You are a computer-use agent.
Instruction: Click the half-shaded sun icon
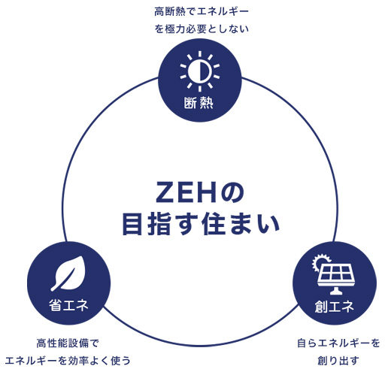(x=200, y=71)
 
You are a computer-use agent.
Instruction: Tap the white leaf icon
(x=67, y=273)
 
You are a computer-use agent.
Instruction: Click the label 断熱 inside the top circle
(x=199, y=103)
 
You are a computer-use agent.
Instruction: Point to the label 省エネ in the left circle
(x=68, y=305)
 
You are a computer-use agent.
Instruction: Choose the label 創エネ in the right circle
(x=335, y=306)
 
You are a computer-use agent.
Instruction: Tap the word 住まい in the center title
(x=241, y=224)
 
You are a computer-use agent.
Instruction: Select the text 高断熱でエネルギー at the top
(x=202, y=11)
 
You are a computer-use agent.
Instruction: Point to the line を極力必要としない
(x=202, y=29)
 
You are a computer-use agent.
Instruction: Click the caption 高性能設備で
(x=68, y=343)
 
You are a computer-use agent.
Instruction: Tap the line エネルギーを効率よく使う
(x=68, y=361)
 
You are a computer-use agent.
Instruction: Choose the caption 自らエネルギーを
(x=338, y=343)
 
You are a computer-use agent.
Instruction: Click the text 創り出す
(x=338, y=361)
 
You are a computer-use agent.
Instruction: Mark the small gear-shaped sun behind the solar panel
(x=319, y=262)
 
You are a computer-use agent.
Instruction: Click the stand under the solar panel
(x=335, y=291)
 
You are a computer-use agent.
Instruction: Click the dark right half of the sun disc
(x=205, y=71)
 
